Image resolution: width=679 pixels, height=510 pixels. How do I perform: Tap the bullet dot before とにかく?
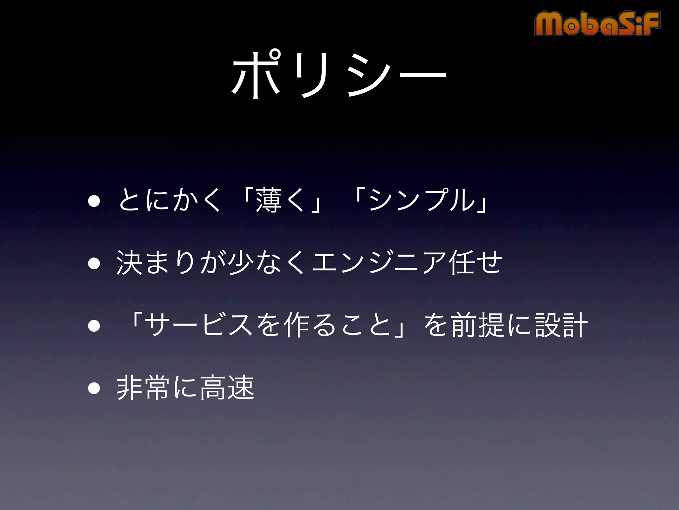[94, 201]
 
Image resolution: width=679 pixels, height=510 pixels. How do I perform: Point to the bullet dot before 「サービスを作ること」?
[94, 326]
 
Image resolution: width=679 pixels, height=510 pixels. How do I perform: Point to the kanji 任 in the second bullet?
[460, 263]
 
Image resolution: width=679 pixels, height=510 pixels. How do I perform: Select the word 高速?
[227, 387]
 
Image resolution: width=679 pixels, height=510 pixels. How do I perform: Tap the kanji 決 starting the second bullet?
[129, 263]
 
